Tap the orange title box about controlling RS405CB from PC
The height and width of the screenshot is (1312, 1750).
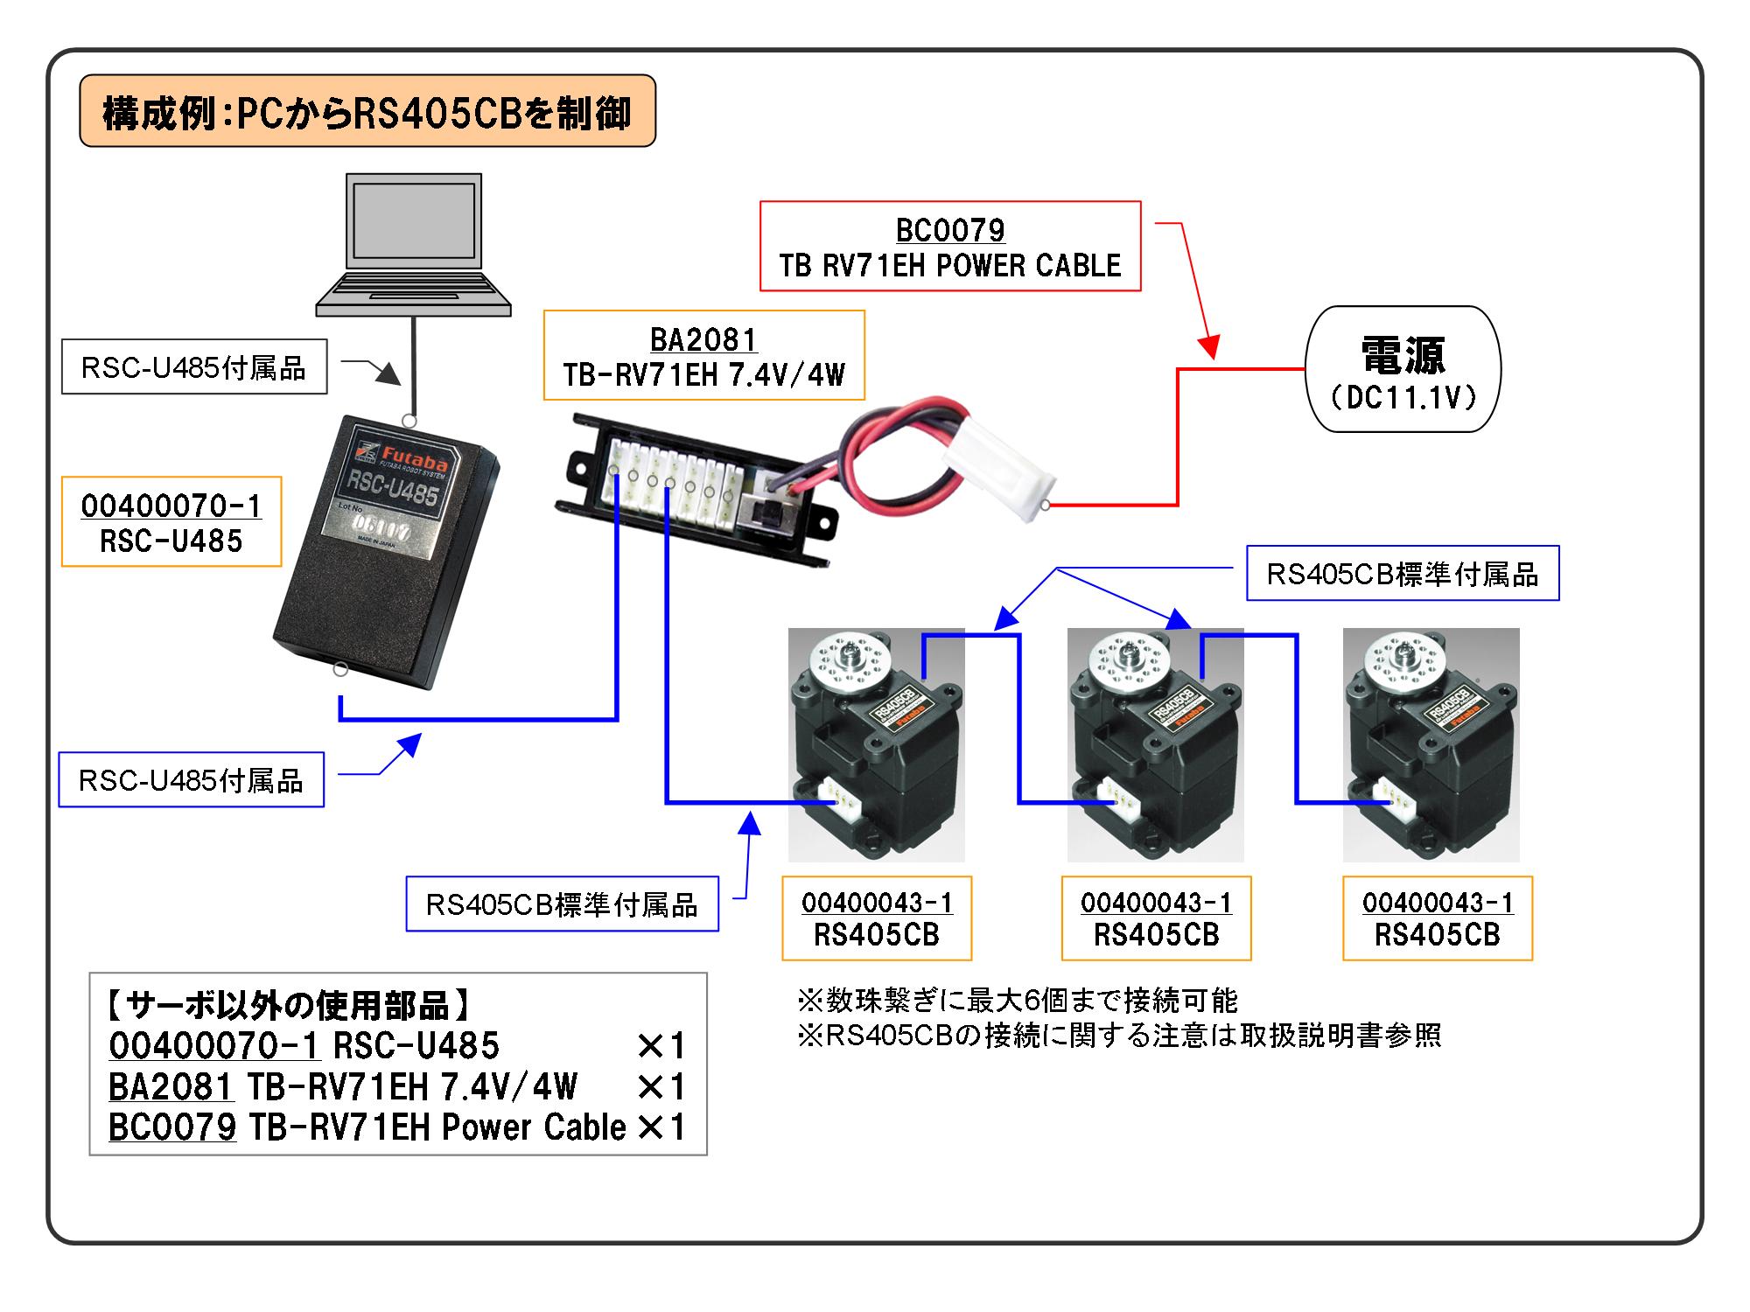click(x=367, y=111)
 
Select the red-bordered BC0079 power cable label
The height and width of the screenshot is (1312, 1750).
click(x=950, y=246)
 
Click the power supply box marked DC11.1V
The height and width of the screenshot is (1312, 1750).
click(x=1403, y=369)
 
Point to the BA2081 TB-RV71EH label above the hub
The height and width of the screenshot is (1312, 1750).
click(x=703, y=355)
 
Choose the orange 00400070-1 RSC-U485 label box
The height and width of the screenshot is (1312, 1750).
click(x=171, y=522)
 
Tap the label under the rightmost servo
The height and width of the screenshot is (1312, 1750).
click(x=1438, y=918)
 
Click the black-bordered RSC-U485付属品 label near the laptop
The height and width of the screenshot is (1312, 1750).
click(x=193, y=367)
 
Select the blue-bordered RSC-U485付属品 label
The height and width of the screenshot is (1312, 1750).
click(x=191, y=779)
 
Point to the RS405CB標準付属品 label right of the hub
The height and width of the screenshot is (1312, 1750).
click(x=1403, y=574)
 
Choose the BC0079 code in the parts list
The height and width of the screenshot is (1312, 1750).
click(x=172, y=1127)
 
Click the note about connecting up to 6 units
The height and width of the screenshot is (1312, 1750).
click(x=1018, y=1000)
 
